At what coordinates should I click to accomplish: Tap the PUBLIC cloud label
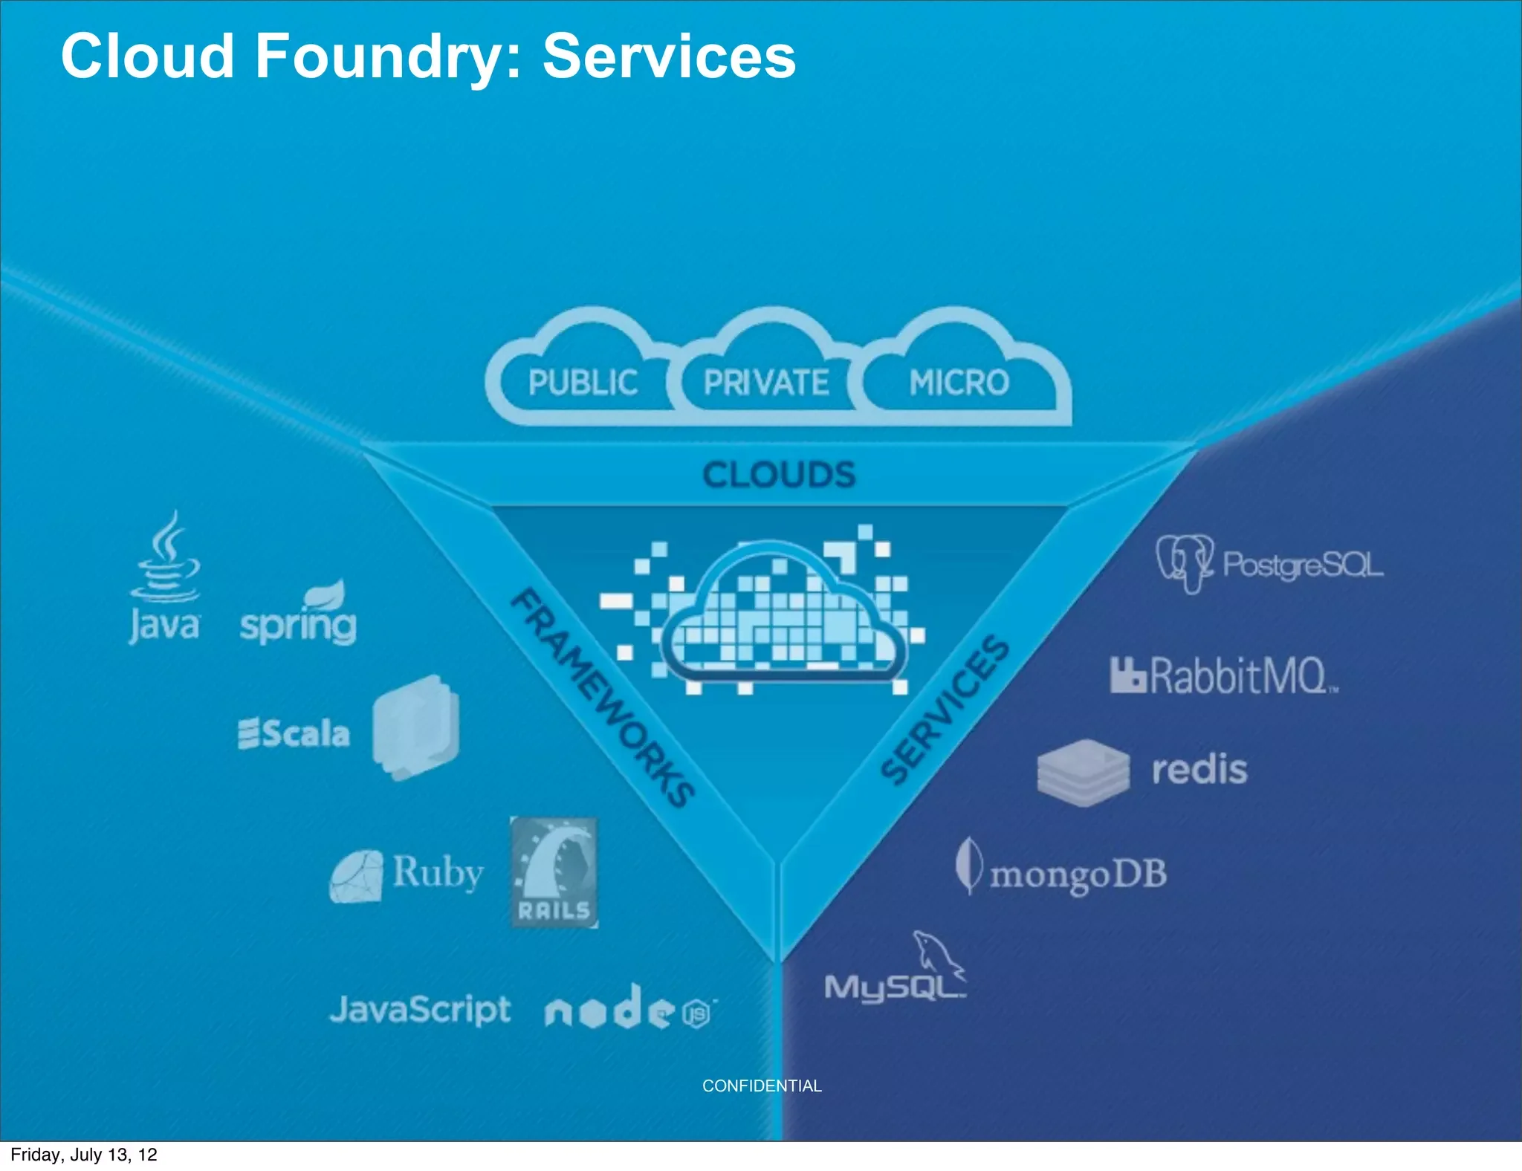[x=583, y=383]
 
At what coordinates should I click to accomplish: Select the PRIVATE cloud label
[x=766, y=383]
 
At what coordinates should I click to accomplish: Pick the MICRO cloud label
[x=959, y=383]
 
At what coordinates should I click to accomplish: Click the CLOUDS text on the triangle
[x=779, y=475]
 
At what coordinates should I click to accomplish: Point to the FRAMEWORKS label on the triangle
[x=602, y=698]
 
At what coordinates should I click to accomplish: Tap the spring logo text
[x=298, y=624]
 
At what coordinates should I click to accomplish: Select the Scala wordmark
[x=294, y=733]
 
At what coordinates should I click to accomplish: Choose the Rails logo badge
[x=554, y=872]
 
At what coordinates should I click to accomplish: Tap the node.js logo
[x=628, y=1009]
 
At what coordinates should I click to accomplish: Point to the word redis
[x=1199, y=769]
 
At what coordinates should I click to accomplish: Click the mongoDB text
[x=1078, y=875]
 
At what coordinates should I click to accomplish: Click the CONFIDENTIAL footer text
[x=762, y=1086]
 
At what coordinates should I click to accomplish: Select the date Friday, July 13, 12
[x=84, y=1155]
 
